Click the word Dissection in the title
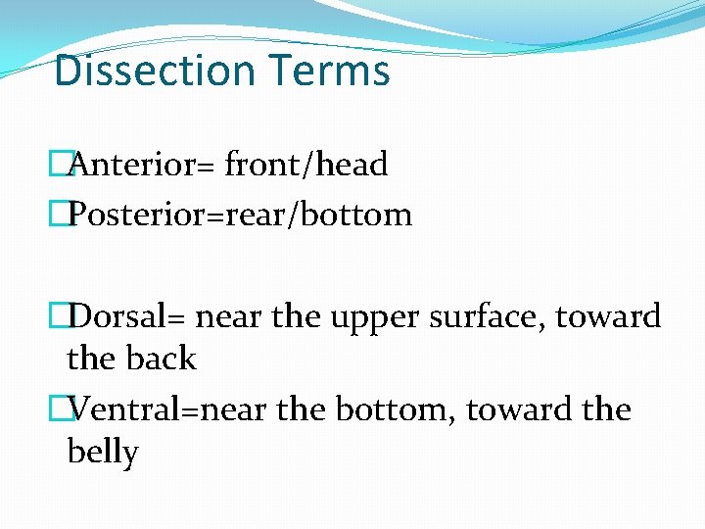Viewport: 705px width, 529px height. pyautogui.click(x=140, y=71)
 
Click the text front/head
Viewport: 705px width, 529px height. pyautogui.click(x=306, y=165)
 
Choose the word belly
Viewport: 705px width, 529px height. pyautogui.click(x=103, y=452)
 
